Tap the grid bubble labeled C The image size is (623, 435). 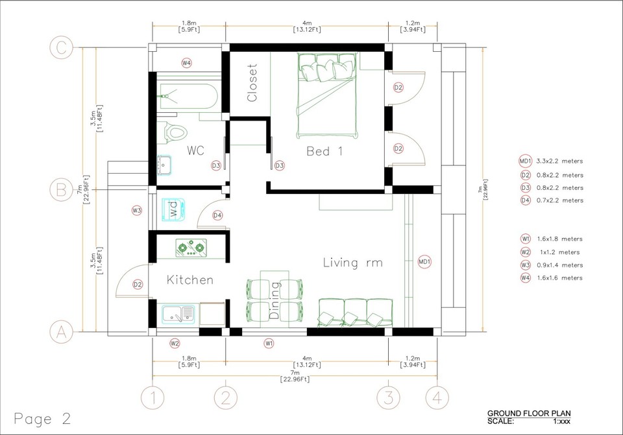coord(61,47)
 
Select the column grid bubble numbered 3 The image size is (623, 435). coord(388,396)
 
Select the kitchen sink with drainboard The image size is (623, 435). coord(178,315)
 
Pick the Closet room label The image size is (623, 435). coord(252,82)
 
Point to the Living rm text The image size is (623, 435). coord(352,263)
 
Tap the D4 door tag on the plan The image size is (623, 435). coord(217,215)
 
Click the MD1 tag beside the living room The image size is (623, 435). coord(425,262)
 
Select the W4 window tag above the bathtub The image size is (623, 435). coord(186,63)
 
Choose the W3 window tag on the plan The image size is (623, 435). coord(137,210)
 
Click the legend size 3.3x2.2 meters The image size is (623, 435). coord(559,161)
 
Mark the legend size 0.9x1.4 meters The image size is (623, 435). coord(559,265)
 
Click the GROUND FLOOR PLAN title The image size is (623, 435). coord(529,413)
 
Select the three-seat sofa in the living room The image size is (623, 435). coord(354,312)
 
